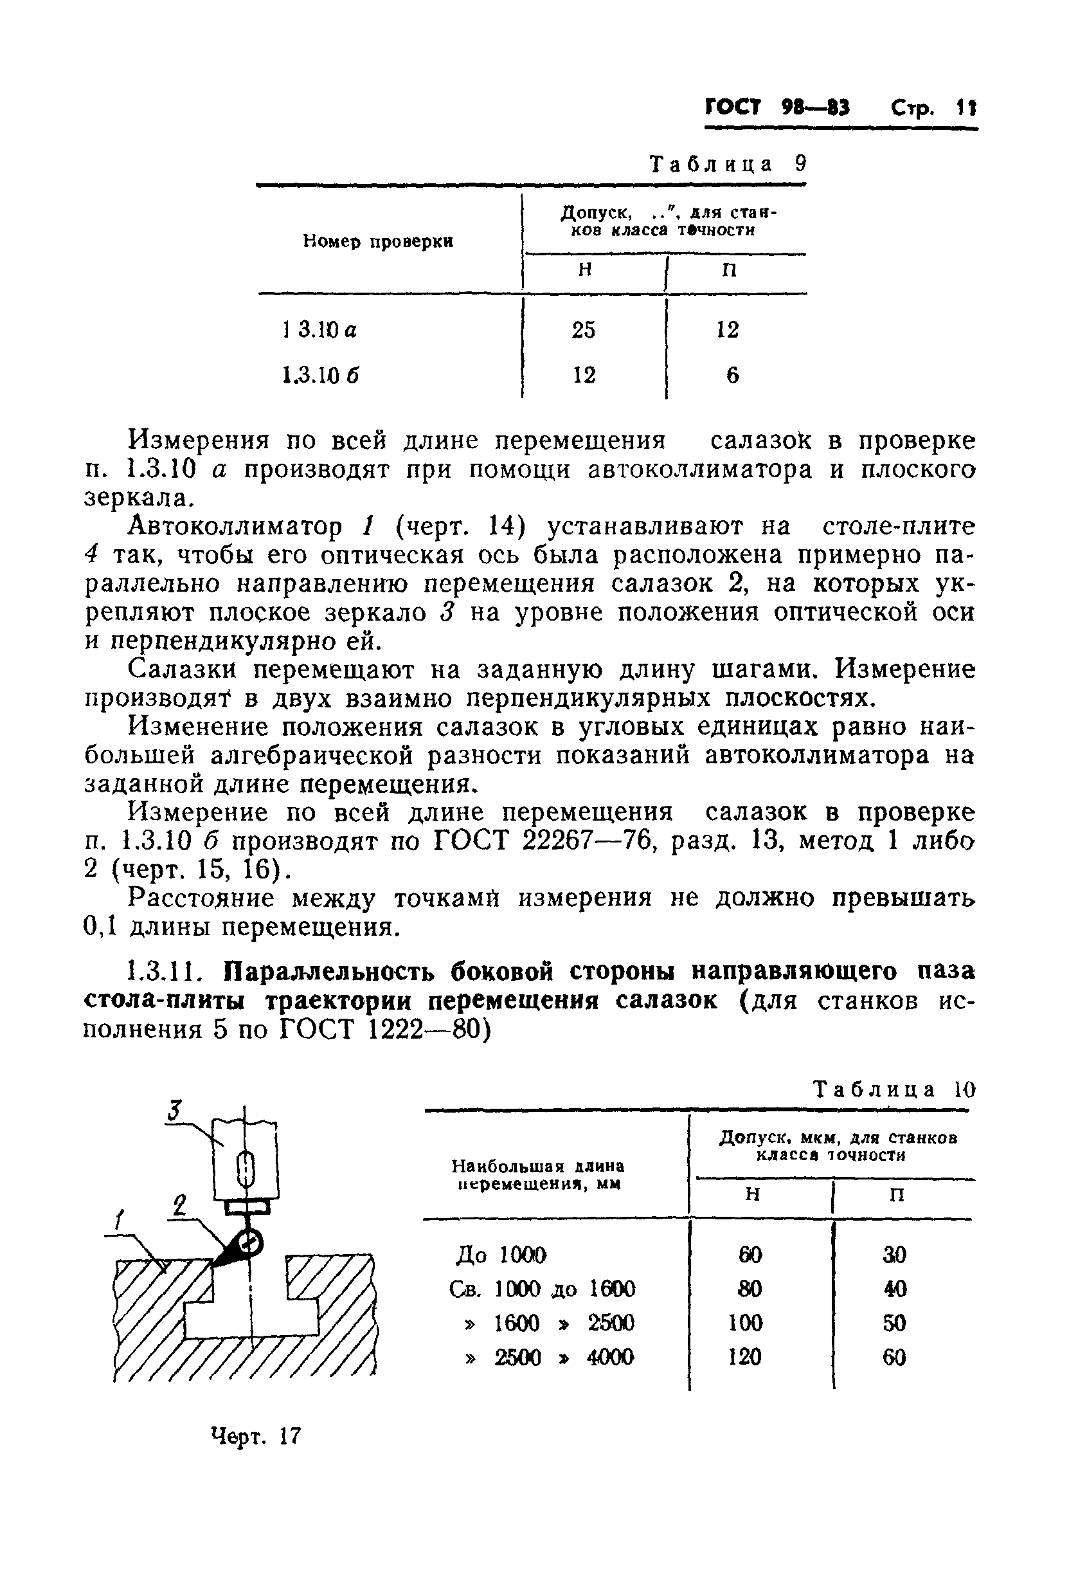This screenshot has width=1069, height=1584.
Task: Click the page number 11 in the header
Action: pyautogui.click(x=966, y=109)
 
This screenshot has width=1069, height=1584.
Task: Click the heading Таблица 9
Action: pyautogui.click(x=728, y=164)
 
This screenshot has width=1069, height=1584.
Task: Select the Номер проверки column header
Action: pyautogui.click(x=377, y=241)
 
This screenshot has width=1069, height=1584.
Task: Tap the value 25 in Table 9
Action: pyautogui.click(x=583, y=331)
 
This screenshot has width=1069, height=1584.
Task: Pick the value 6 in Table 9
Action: pyautogui.click(x=732, y=376)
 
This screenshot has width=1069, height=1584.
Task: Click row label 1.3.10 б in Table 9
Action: pyautogui.click(x=320, y=376)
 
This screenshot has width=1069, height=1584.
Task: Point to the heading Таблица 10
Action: pyautogui.click(x=895, y=1090)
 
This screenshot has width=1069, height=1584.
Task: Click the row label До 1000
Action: pyautogui.click(x=500, y=1255)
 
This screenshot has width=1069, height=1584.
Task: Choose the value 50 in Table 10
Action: pyautogui.click(x=894, y=1323)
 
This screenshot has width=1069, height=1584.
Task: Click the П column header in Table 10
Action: pyautogui.click(x=897, y=1195)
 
